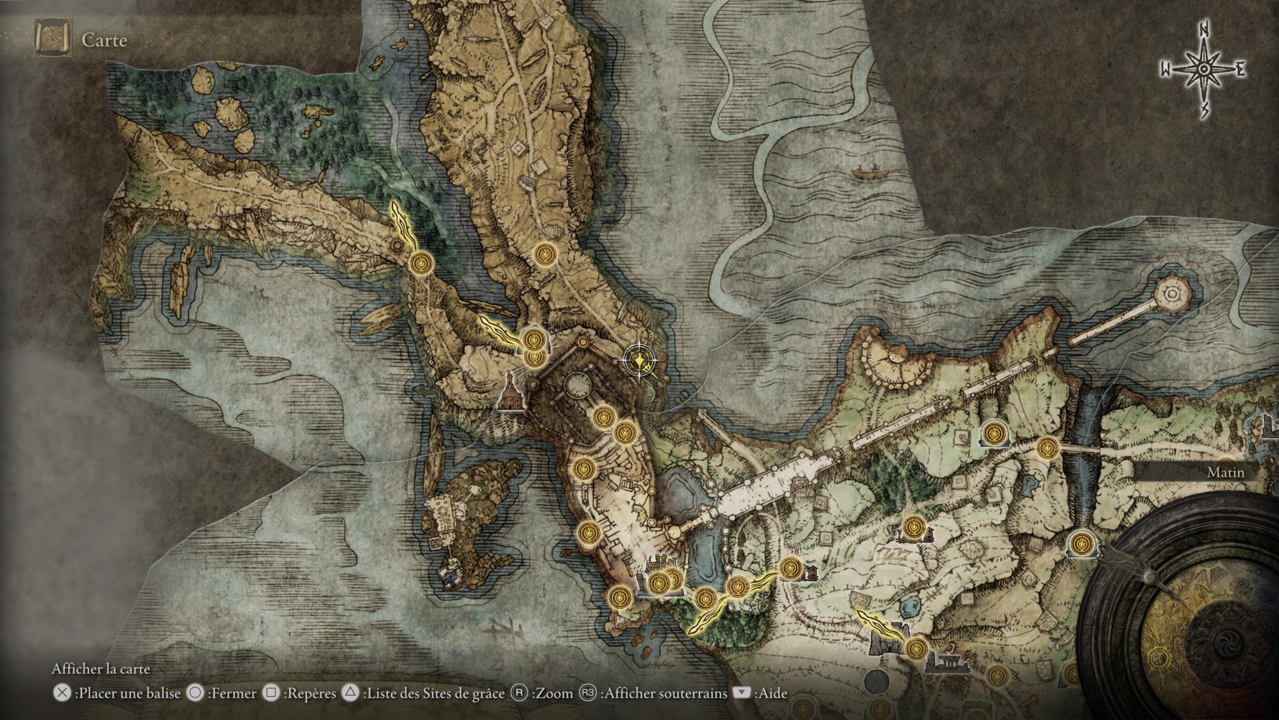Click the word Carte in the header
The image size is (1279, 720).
pyautogui.click(x=104, y=41)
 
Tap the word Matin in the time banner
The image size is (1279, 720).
pyautogui.click(x=1225, y=472)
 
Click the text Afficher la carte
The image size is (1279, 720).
pyautogui.click(x=101, y=669)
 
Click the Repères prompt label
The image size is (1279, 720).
pyautogui.click(x=309, y=693)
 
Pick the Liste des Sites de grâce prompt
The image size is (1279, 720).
pyautogui.click(x=433, y=693)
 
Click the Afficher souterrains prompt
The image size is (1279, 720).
pyautogui.click(x=664, y=693)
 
